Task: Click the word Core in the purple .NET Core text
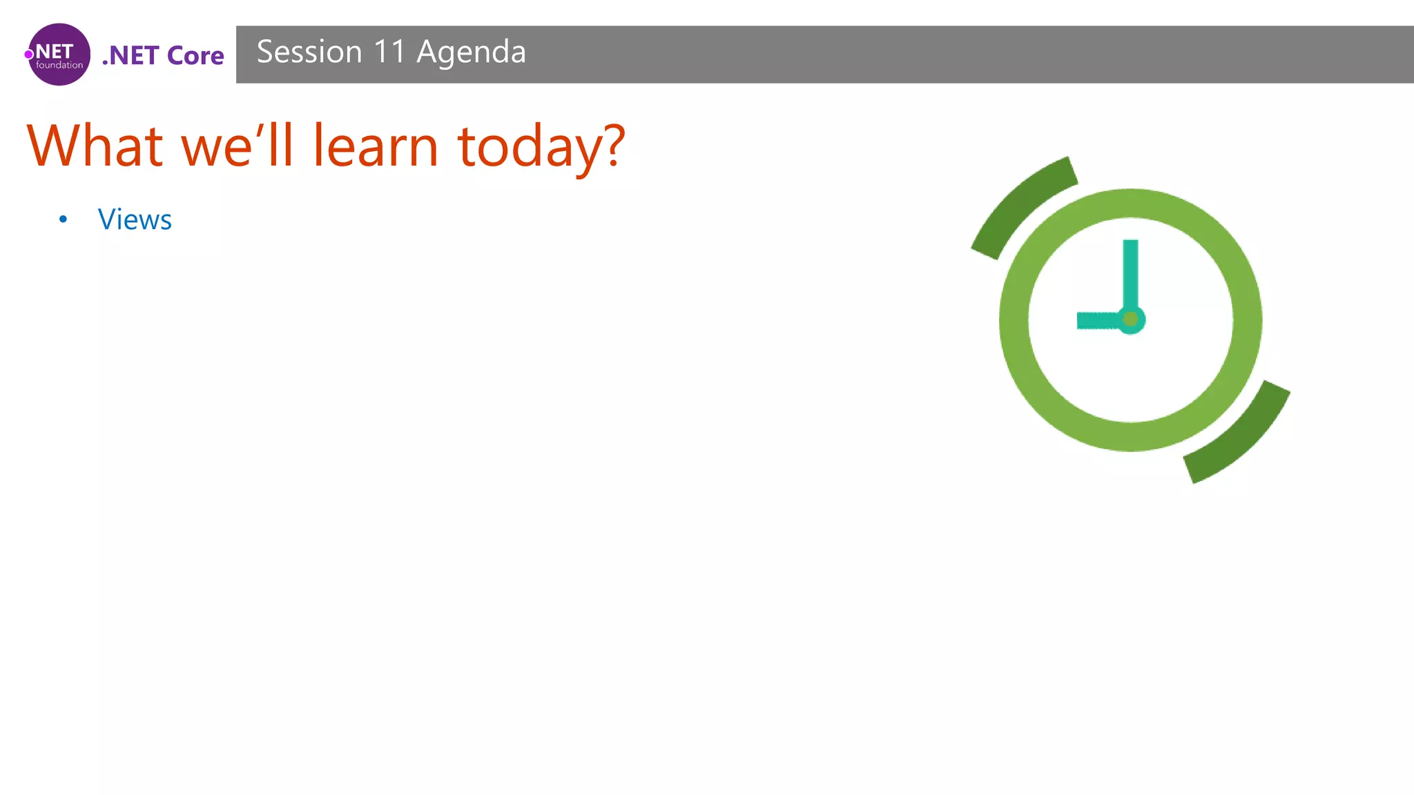pyautogui.click(x=195, y=56)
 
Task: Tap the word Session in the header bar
pyautogui.click(x=309, y=52)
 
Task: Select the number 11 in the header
pyautogui.click(x=389, y=52)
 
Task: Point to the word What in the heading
pyautogui.click(x=95, y=146)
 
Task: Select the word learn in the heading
pyautogui.click(x=376, y=146)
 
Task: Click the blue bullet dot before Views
pyautogui.click(x=64, y=219)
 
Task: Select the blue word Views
pyautogui.click(x=135, y=219)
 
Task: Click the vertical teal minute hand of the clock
pyautogui.click(x=1130, y=273)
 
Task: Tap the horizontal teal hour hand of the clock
pyautogui.click(x=1098, y=320)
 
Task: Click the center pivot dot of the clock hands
pyautogui.click(x=1130, y=319)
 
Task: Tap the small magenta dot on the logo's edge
pyautogui.click(x=29, y=55)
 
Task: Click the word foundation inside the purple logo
pyautogui.click(x=59, y=66)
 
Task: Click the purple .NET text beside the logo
pyautogui.click(x=131, y=56)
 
